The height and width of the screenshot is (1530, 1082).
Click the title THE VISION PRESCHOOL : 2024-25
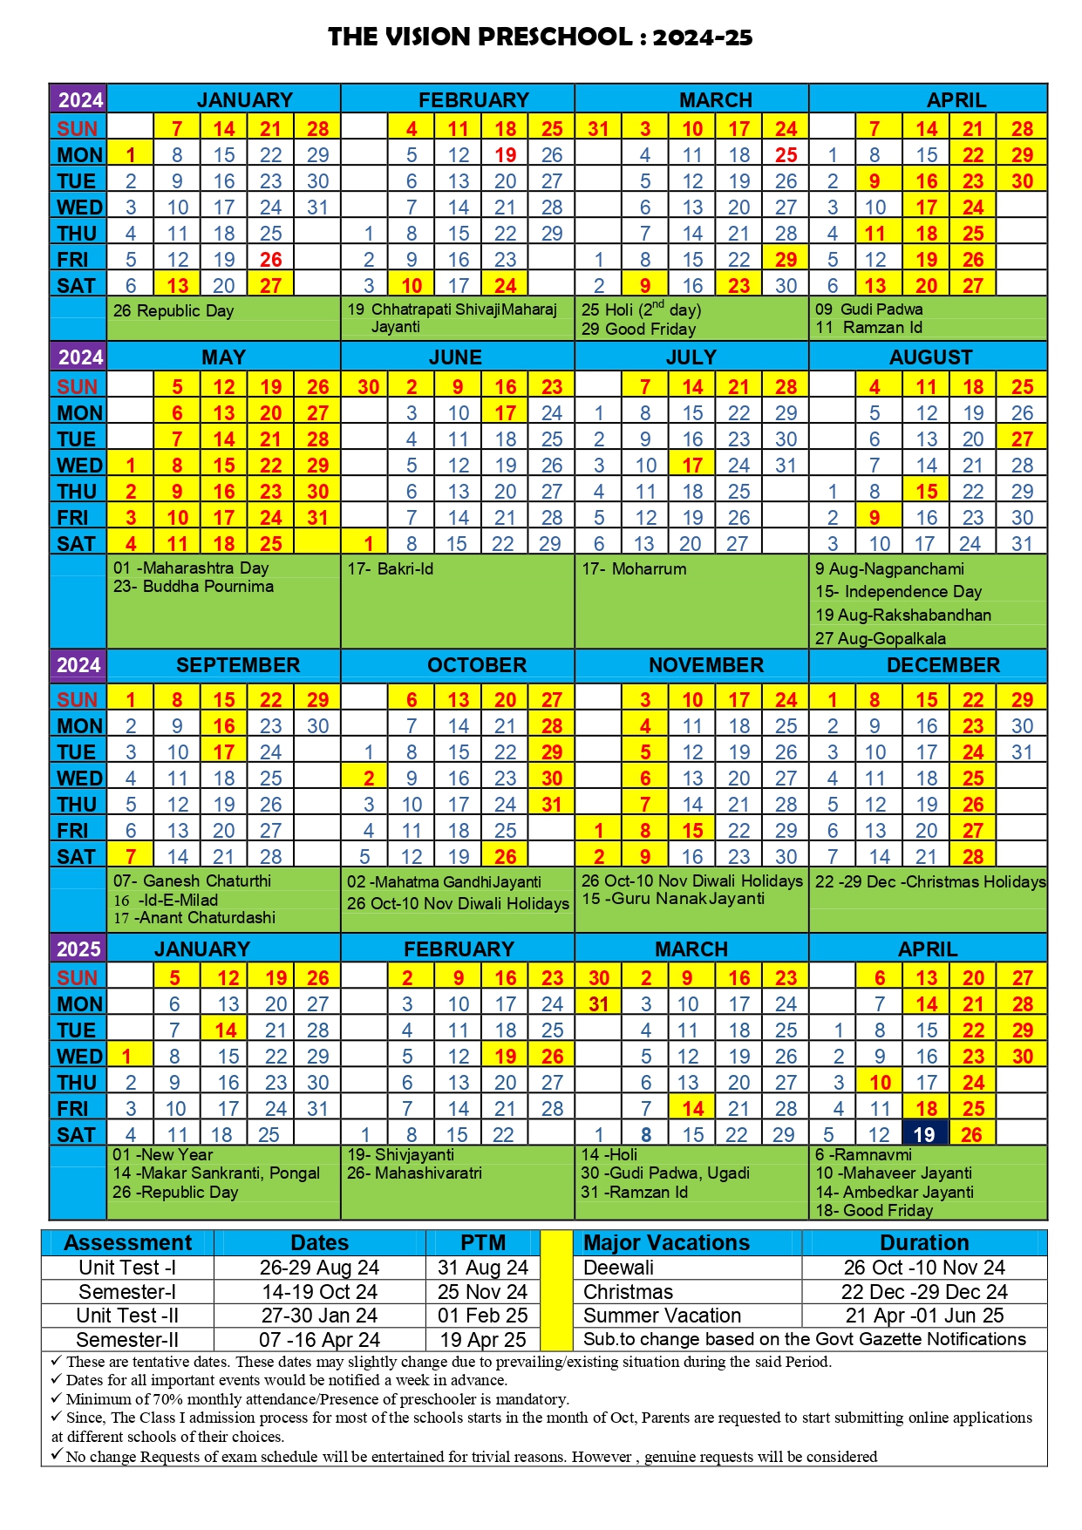click(x=540, y=37)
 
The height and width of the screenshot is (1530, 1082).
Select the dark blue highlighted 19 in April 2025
click(x=924, y=1134)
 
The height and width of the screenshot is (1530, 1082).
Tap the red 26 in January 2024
click(x=270, y=259)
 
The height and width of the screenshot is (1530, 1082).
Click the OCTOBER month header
click(x=476, y=665)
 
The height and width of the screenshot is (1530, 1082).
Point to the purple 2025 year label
click(x=78, y=949)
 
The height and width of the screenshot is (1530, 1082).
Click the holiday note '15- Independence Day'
click(x=898, y=591)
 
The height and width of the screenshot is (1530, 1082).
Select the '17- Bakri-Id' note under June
click(x=390, y=568)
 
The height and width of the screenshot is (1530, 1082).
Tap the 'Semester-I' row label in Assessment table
click(x=127, y=1291)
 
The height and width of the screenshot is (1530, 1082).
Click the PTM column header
click(x=483, y=1242)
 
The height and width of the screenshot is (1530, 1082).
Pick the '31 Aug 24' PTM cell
click(x=482, y=1267)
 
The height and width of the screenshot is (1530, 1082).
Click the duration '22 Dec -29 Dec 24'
click(x=924, y=1291)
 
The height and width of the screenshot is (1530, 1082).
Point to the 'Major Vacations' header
click(x=666, y=1242)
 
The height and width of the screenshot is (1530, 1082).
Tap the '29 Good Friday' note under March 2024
click(x=638, y=329)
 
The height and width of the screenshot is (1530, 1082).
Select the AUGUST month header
click(x=930, y=357)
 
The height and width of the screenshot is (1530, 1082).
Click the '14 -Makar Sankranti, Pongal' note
click(x=216, y=1173)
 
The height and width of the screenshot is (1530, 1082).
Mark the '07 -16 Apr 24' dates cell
click(x=319, y=1339)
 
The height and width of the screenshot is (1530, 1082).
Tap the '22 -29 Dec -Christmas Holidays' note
click(x=929, y=881)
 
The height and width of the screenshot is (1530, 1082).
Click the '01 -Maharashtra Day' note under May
click(x=191, y=568)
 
